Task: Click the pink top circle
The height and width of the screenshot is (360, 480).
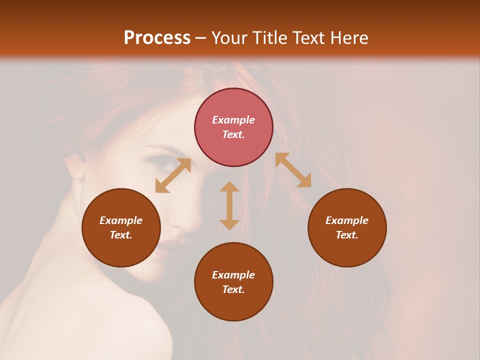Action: coord(233,127)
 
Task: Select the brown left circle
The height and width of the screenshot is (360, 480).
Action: coord(121,227)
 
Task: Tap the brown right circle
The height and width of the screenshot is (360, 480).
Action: coord(347,227)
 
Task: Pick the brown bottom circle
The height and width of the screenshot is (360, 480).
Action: coord(233,282)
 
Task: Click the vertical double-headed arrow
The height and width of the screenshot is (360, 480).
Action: coord(229,205)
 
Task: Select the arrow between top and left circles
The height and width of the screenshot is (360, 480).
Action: coord(173,175)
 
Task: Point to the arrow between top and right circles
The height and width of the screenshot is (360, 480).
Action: coord(293,170)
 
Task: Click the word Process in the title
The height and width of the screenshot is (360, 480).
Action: coord(157,37)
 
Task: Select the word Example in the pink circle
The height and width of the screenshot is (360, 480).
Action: coord(233,120)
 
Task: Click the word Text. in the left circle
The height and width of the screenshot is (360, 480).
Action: coord(121,235)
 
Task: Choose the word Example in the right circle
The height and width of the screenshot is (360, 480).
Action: coord(347,220)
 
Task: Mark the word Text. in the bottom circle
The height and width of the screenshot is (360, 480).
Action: coord(233,289)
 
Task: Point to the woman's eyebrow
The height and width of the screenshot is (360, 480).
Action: coord(159,148)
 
